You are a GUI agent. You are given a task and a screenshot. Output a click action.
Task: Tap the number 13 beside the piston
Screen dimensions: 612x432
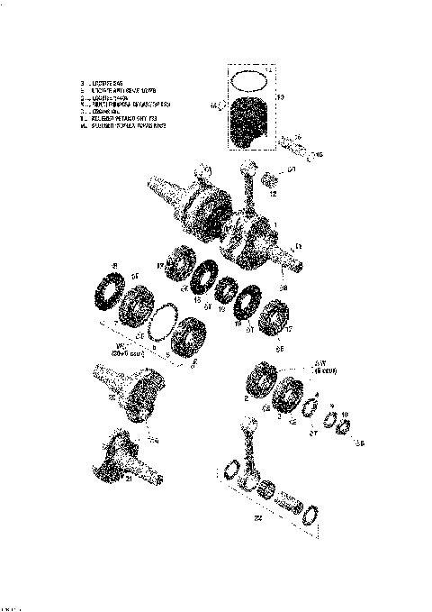pyautogui.click(x=279, y=96)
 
